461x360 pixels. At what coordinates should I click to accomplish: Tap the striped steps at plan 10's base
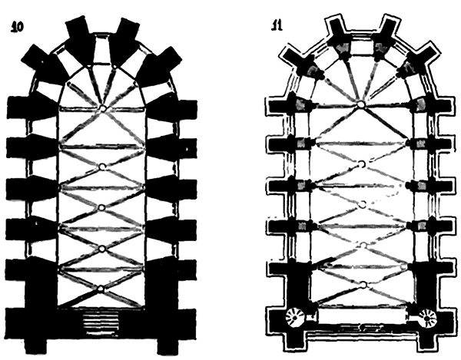click(101, 320)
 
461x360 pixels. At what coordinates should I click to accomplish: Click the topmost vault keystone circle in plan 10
click(101, 108)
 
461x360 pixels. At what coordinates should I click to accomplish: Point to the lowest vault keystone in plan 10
click(101, 289)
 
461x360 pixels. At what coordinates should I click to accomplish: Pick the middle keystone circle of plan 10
click(101, 207)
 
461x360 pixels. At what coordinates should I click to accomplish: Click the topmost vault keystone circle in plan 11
click(360, 104)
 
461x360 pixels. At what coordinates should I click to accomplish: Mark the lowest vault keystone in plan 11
click(360, 285)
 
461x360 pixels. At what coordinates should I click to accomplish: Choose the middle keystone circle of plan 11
click(360, 203)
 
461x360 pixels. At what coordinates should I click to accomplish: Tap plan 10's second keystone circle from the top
click(101, 167)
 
